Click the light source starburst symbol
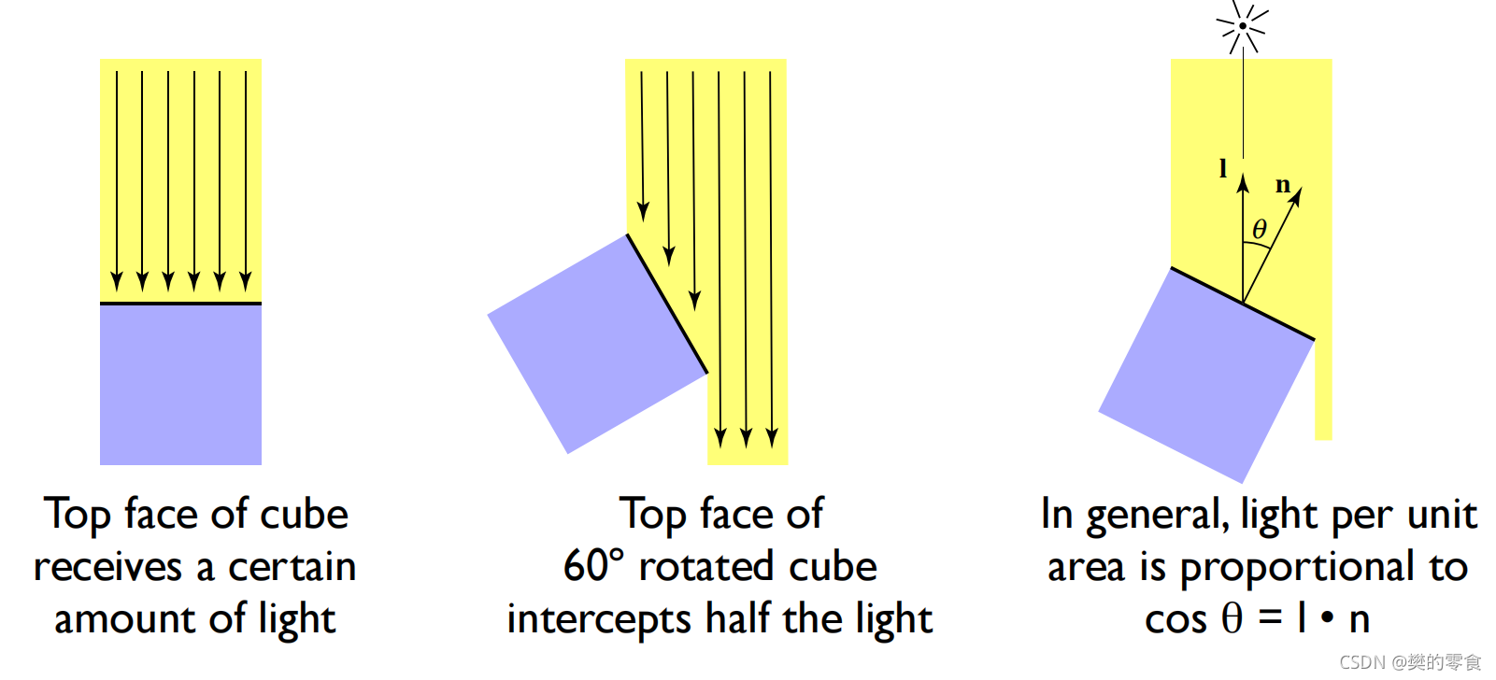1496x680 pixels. click(1243, 26)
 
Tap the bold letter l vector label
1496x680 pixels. click(1222, 169)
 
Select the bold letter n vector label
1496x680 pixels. click(1283, 185)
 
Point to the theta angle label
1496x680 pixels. click(1260, 229)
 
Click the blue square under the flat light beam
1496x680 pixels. click(180, 384)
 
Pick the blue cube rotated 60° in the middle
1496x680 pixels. click(597, 344)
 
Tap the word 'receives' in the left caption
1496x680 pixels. click(107, 567)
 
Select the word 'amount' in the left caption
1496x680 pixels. click(124, 619)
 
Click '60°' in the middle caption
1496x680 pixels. click(593, 566)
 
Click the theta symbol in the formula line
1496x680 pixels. click(1232, 618)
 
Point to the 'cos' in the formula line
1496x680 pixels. click(1175, 620)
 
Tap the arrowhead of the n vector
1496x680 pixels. click(1297, 194)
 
